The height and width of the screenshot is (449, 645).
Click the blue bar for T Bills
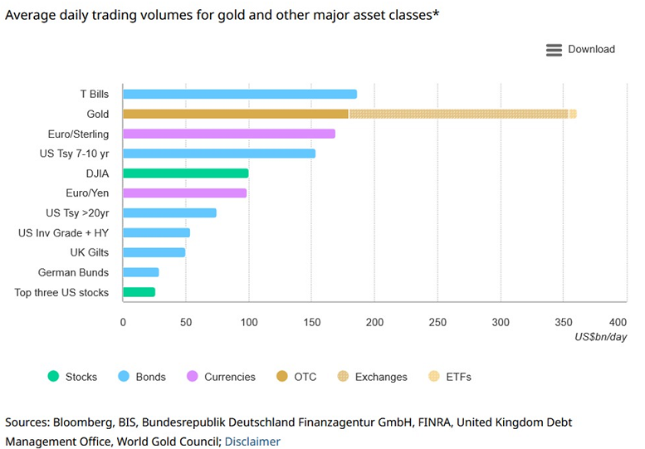pyautogui.click(x=239, y=94)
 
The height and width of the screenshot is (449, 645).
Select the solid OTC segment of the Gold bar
pyautogui.click(x=235, y=114)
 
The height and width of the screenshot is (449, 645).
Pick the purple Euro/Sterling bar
pyautogui.click(x=228, y=134)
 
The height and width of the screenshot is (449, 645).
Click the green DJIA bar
pyautogui.click(x=185, y=173)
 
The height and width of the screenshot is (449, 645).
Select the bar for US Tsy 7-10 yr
pyautogui.click(x=218, y=154)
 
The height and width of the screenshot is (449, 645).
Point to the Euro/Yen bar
pyautogui.click(x=184, y=193)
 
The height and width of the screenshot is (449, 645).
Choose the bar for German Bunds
pyautogui.click(x=140, y=272)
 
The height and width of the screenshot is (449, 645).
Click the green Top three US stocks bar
pyautogui.click(x=139, y=292)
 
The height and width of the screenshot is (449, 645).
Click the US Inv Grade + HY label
pyautogui.click(x=63, y=232)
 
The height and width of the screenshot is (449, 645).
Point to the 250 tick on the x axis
pyautogui.click(x=437, y=322)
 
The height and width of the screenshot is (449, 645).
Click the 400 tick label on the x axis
pyautogui.click(x=617, y=322)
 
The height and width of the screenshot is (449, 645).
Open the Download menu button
pyautogui.click(x=580, y=50)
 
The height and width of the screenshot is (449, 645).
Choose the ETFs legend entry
pyautogui.click(x=448, y=377)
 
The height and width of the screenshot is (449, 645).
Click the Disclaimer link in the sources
pyautogui.click(x=252, y=442)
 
